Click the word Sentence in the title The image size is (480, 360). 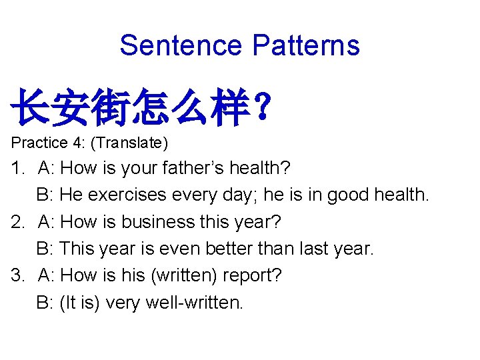click(181, 45)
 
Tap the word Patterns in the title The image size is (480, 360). click(306, 45)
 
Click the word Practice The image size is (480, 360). click(39, 143)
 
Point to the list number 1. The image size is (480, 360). click(17, 168)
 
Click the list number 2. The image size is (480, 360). click(17, 222)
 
